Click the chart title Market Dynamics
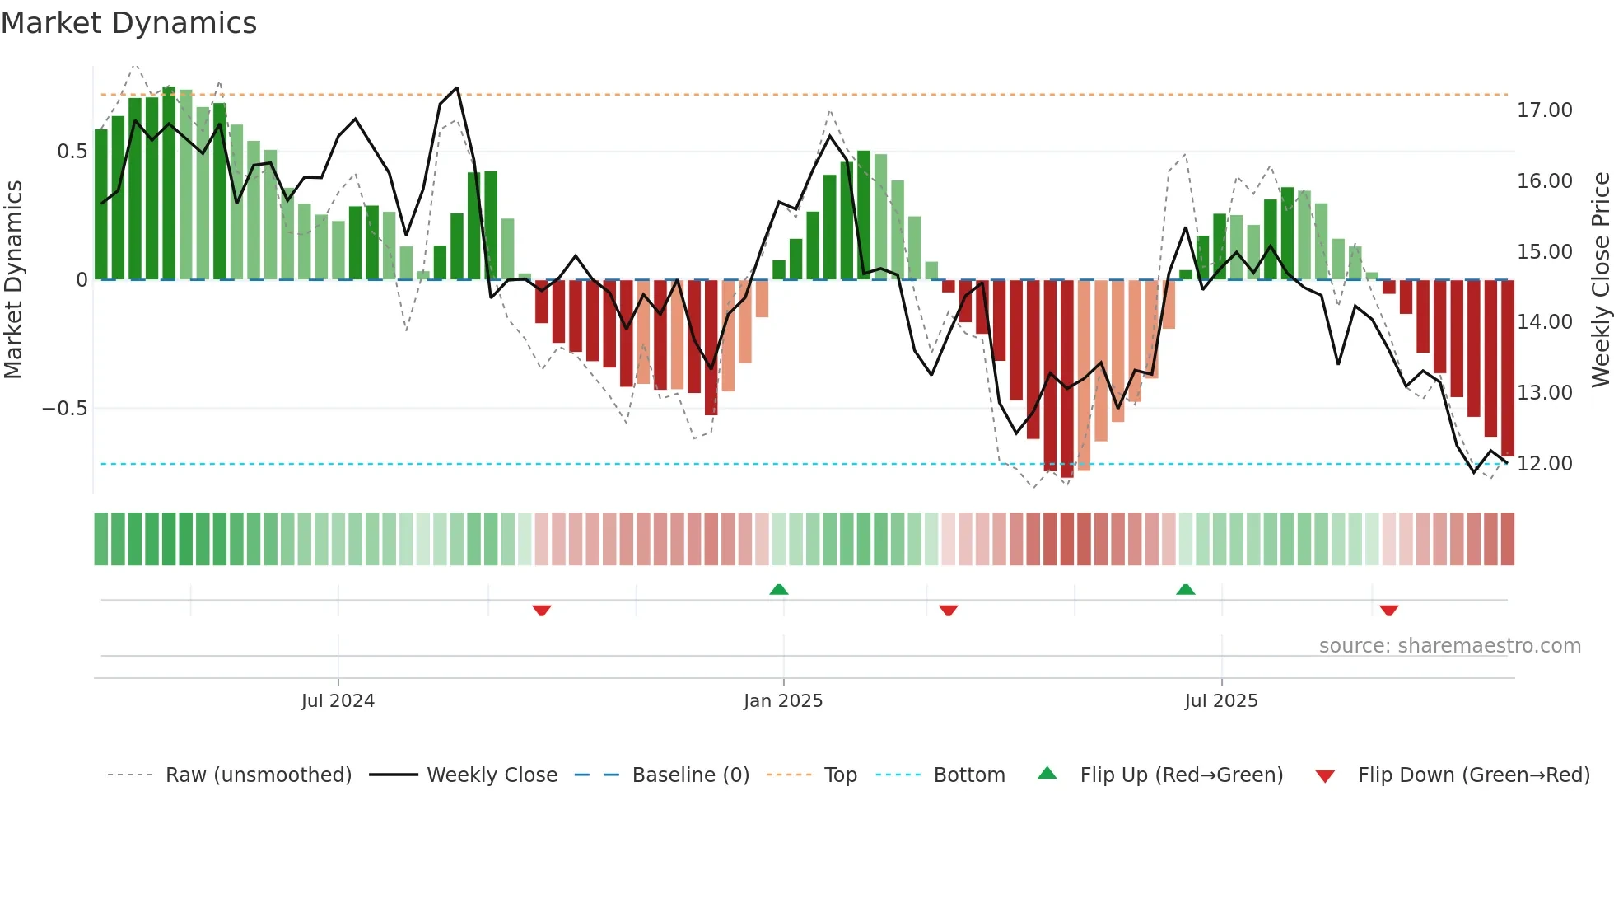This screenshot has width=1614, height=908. coord(128,23)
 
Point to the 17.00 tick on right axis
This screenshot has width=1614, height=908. coord(1544,110)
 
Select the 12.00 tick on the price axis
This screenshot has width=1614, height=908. coord(1544,464)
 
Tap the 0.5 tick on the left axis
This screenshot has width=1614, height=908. coord(72,152)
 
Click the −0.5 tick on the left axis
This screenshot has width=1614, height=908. coord(64,409)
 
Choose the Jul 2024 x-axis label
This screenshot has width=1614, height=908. coord(338,701)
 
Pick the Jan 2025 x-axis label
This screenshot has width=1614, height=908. coord(782,701)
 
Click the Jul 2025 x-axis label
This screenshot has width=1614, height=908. coord(1221,701)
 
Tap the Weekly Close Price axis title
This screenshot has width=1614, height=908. coord(1600,280)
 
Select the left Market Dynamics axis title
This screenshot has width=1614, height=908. coord(13,280)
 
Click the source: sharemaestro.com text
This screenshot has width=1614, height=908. coord(1449,646)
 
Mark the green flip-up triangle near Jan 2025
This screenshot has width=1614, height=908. coord(778,589)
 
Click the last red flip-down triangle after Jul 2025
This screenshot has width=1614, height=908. coord(1389,611)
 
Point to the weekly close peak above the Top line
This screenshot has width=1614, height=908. coord(456,88)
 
